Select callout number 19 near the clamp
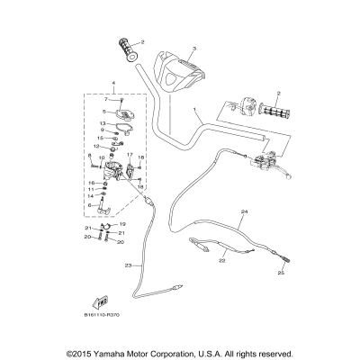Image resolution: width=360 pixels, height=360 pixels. [x=122, y=223]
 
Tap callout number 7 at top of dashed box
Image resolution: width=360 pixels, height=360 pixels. [x=106, y=99]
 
